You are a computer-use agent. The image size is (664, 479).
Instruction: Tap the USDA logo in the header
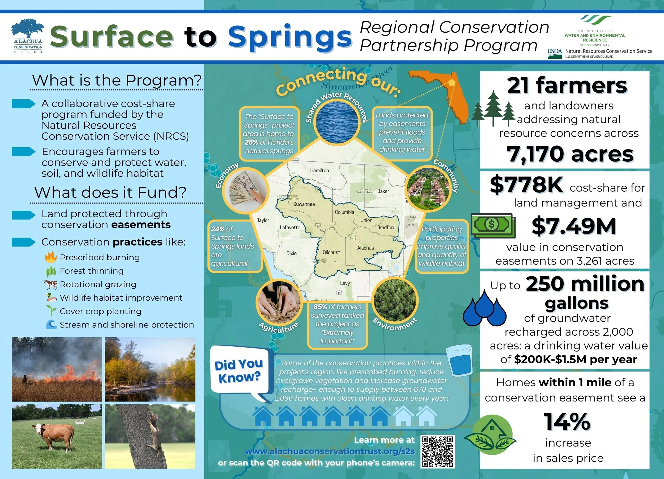pos(555,53)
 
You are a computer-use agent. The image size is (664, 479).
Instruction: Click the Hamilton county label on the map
pos(320,170)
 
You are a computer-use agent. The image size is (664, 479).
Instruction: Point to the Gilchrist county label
pos(331,252)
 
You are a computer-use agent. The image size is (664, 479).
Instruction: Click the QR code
pos(437,451)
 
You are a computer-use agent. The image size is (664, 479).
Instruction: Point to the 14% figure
pos(567,422)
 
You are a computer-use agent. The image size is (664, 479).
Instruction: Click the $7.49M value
pos(573,226)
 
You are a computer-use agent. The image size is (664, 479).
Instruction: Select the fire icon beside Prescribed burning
pos(50,257)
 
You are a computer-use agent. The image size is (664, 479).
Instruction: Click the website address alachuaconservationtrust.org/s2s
pos(330,451)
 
